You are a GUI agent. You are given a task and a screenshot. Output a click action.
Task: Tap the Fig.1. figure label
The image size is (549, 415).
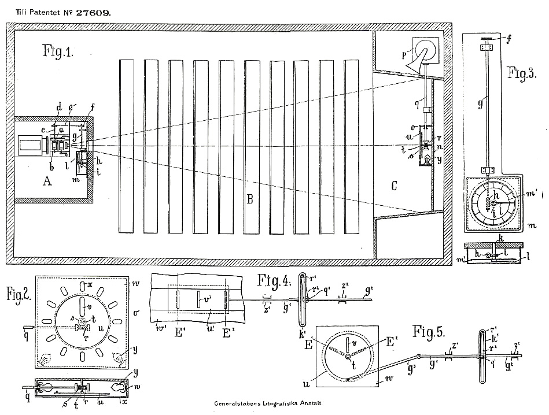[57, 51]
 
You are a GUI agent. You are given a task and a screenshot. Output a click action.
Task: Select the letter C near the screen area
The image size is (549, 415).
[395, 186]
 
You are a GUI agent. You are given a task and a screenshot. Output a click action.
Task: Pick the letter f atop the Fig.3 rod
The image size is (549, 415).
[510, 40]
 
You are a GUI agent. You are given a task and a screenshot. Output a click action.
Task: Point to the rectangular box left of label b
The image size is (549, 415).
[30, 146]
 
